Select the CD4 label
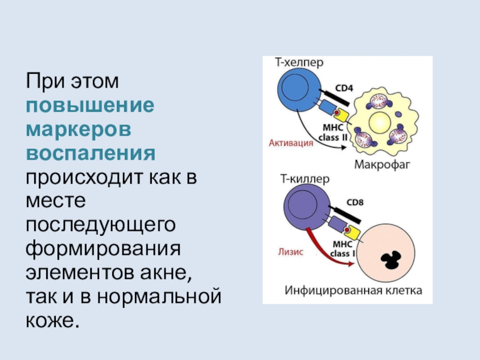tap(344, 89)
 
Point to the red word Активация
tap(291, 143)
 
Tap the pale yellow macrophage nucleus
tap(379, 125)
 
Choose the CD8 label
tap(355, 202)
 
